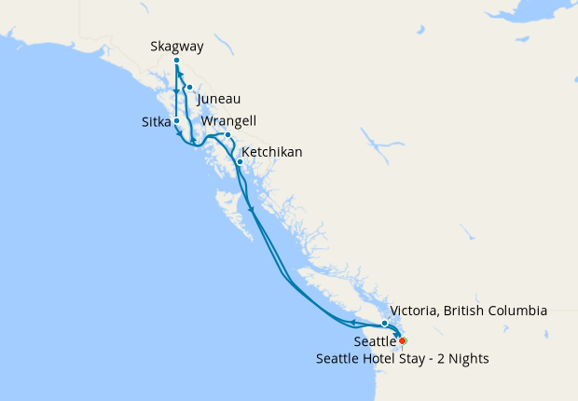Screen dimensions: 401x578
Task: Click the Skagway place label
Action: pos(176,46)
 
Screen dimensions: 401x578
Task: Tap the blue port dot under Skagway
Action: pos(176,61)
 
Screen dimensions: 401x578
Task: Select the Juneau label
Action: pos(219,97)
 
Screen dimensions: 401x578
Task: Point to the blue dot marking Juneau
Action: pos(189,88)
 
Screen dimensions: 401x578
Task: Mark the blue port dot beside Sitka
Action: pos(176,121)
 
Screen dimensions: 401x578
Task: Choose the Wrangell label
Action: pos(228,121)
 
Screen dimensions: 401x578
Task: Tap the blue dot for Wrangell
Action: pos(227,135)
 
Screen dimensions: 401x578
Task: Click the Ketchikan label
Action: pos(271,151)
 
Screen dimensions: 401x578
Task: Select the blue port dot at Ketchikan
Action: pos(240,162)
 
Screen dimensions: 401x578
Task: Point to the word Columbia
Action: pos(516,310)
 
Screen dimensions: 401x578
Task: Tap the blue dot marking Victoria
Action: pos(384,324)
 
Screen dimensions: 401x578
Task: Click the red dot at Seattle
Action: pos(402,340)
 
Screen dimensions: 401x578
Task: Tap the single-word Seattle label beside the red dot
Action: pos(375,342)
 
